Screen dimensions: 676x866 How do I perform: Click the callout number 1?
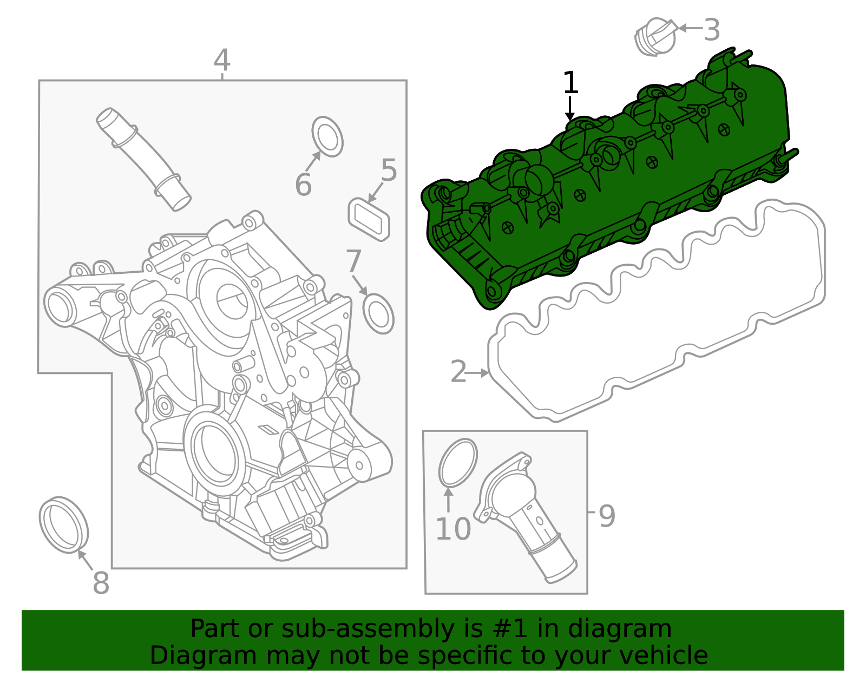[570, 83]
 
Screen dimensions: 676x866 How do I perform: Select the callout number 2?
[458, 372]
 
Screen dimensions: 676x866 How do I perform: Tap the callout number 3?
[712, 30]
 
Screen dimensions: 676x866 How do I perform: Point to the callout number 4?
[222, 61]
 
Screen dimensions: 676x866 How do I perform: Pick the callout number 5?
[389, 170]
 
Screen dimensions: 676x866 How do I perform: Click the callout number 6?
[303, 185]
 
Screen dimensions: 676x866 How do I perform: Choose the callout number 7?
[353, 261]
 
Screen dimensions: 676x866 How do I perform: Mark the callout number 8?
[101, 583]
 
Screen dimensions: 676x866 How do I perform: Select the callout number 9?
[607, 516]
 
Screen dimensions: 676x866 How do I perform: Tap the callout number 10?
[453, 529]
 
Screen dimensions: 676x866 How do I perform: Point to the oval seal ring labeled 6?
[327, 136]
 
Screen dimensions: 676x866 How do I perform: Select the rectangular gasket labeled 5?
[369, 219]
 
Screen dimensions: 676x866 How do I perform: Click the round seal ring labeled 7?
[378, 313]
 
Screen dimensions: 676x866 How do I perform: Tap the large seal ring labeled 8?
[63, 524]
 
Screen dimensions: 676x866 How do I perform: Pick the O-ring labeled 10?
[458, 463]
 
